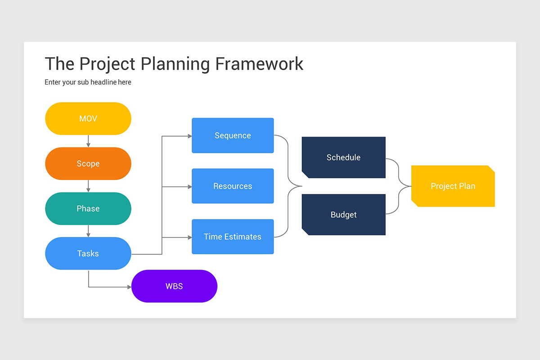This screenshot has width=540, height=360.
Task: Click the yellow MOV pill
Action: [x=88, y=119]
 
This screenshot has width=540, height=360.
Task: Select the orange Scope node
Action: [x=88, y=164]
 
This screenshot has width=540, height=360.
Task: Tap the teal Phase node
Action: [x=88, y=209]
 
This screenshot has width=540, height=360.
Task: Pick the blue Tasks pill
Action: [x=88, y=254]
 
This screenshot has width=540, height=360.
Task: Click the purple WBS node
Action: [x=174, y=286]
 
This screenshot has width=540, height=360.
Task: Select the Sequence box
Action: [x=233, y=135]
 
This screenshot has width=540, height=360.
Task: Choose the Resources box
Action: [x=233, y=186]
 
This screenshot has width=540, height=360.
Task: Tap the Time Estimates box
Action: [x=233, y=237]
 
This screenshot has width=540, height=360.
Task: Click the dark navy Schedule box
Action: [x=343, y=157]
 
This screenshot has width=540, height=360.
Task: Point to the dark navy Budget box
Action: [x=343, y=215]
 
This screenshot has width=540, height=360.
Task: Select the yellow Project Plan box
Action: [x=453, y=186]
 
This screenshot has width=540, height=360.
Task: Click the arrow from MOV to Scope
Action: [x=88, y=141]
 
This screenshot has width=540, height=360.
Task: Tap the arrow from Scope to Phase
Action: [x=88, y=186]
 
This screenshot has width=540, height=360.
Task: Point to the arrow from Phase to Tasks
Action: [x=88, y=231]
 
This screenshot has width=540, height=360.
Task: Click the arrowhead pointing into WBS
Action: [x=129, y=287]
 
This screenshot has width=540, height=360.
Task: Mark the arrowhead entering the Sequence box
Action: [x=189, y=136]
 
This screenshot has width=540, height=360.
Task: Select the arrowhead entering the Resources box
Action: [x=189, y=187]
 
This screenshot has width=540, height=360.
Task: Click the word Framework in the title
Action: [x=259, y=64]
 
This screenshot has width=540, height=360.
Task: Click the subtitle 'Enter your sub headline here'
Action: [x=88, y=82]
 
